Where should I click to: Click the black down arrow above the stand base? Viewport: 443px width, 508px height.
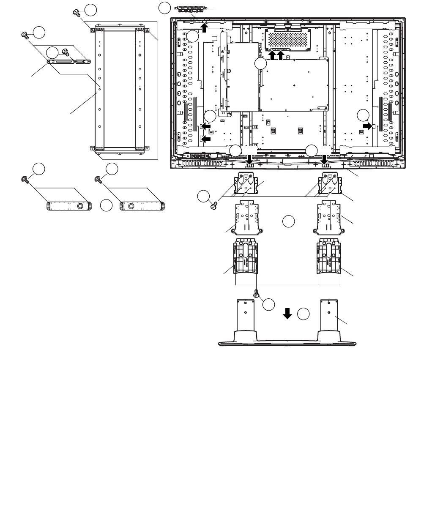click(287, 314)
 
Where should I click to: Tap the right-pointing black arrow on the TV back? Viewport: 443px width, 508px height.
click(369, 126)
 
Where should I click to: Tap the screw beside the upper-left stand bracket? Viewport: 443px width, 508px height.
click(213, 206)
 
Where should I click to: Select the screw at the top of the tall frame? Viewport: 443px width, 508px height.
click(77, 13)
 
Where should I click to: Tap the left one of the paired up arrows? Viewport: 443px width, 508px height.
click(272, 55)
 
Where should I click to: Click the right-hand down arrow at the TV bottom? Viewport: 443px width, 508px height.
click(325, 160)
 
